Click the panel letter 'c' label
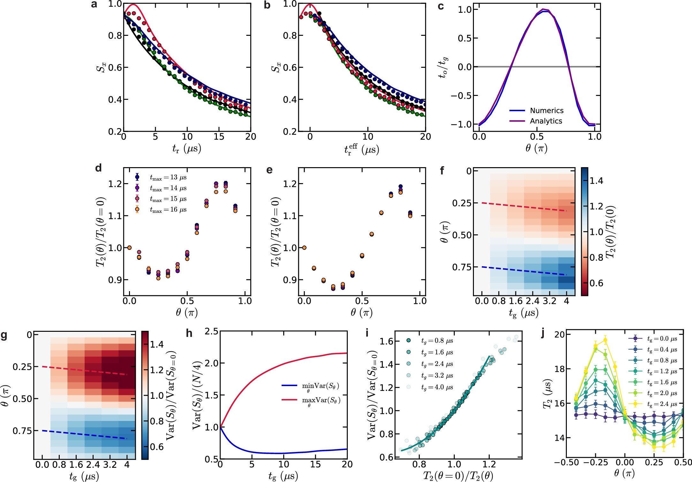click(x=441, y=6)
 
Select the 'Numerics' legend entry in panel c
click(x=546, y=111)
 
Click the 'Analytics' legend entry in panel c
click(x=546, y=121)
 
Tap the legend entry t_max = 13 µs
click(x=168, y=177)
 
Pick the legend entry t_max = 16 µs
click(x=168, y=210)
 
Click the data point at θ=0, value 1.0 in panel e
click(x=304, y=247)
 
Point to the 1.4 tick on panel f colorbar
click(x=596, y=181)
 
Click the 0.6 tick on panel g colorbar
click(x=156, y=447)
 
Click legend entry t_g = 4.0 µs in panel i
click(x=437, y=387)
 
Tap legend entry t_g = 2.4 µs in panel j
click(x=662, y=404)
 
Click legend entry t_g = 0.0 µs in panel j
click(x=662, y=339)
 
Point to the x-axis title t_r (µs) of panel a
click(x=186, y=149)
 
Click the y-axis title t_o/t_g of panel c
click(x=443, y=67)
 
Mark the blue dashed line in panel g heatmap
click(x=85, y=435)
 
